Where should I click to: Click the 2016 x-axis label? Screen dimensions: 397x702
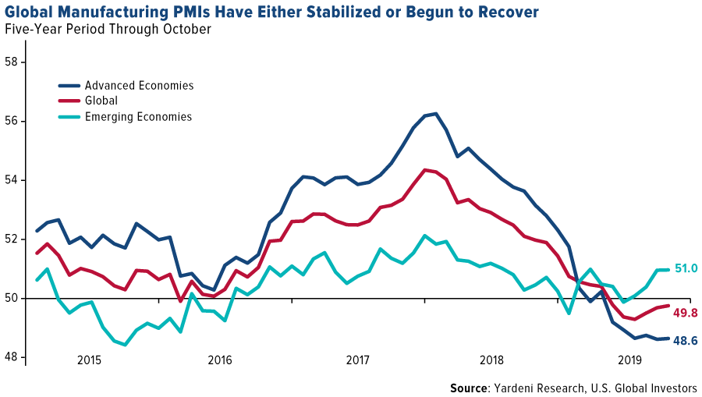221,360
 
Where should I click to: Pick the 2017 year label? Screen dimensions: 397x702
358,360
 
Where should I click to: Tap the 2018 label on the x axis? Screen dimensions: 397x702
492,360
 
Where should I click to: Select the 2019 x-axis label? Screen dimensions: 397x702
629,360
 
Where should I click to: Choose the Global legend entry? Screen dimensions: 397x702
101,101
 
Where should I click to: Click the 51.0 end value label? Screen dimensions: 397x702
685,269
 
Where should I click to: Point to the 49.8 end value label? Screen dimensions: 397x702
685,314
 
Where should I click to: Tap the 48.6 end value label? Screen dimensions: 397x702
685,341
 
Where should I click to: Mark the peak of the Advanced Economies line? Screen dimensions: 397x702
435,113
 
